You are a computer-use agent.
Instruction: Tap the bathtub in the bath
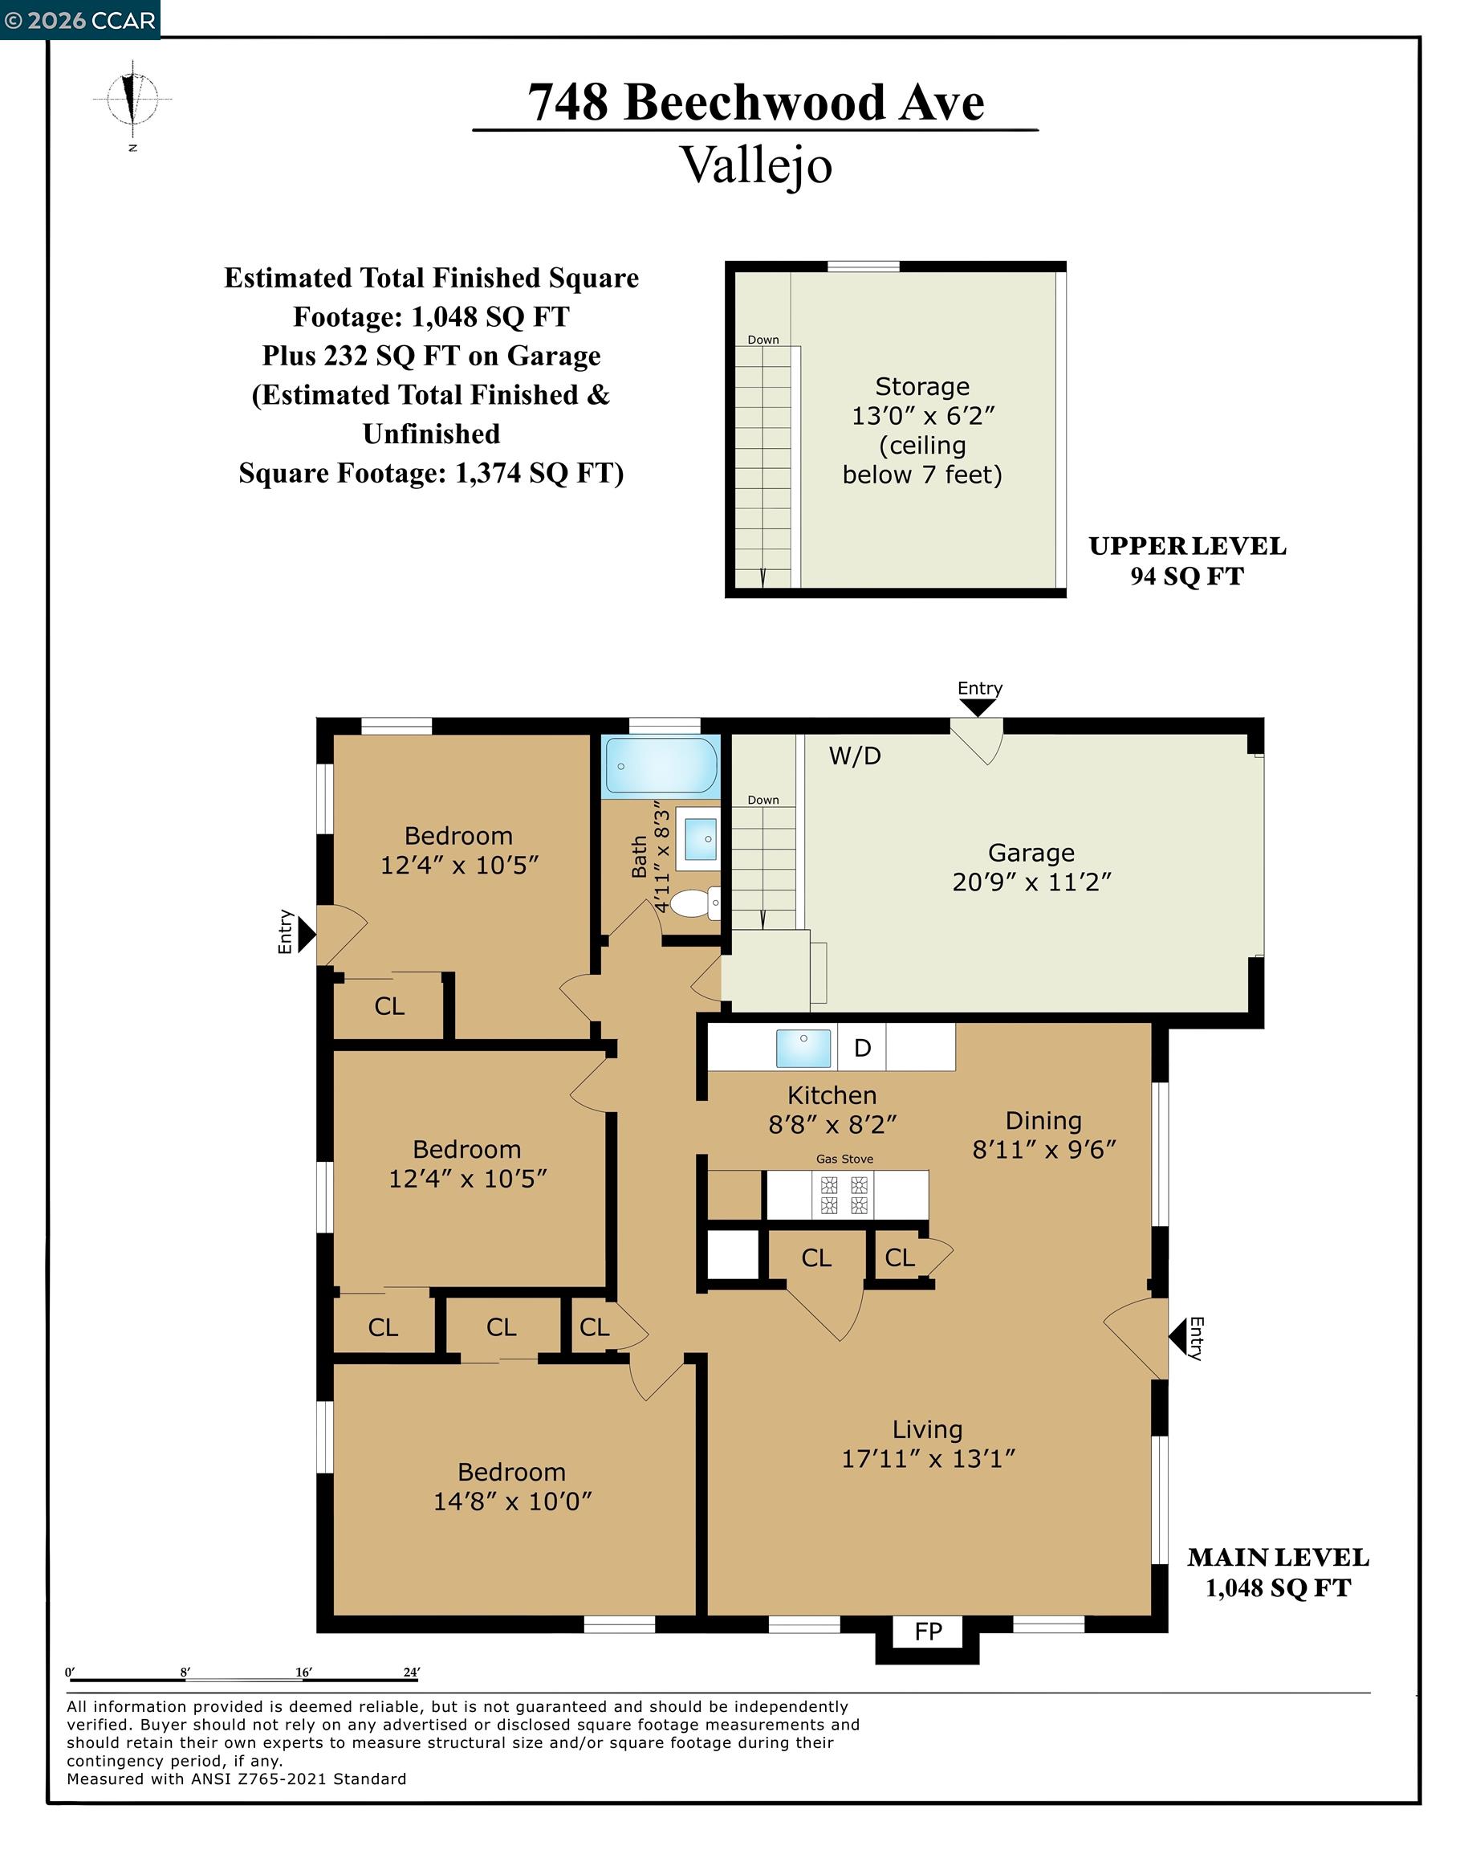[x=660, y=764]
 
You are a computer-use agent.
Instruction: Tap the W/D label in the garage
[x=855, y=756]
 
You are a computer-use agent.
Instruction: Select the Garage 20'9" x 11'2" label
[x=1031, y=866]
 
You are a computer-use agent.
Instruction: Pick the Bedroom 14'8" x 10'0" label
[x=512, y=1485]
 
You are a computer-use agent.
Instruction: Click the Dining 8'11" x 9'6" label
[x=1043, y=1135]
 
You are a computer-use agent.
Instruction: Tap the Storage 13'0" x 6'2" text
[x=922, y=401]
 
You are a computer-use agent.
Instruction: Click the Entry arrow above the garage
[x=977, y=707]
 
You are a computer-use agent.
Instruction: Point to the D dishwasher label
[x=862, y=1048]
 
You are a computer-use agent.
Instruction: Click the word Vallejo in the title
[x=755, y=165]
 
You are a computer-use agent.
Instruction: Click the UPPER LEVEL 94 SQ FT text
[x=1187, y=560]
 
